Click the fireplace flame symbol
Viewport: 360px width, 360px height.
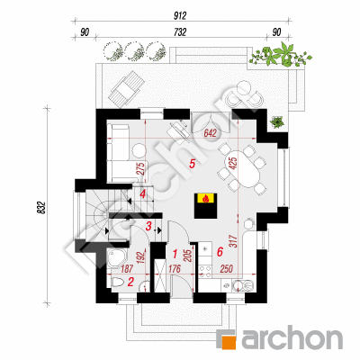point(206,198)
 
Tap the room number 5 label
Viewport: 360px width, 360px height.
point(192,164)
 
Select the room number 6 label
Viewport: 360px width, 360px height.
point(220,252)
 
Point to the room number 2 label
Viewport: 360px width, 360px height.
point(130,282)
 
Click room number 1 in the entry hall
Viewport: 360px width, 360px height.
point(175,255)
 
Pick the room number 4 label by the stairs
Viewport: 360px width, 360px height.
point(142,194)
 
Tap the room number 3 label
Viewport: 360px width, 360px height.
point(148,227)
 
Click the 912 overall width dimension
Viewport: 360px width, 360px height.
point(180,15)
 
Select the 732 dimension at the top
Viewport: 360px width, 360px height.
point(180,32)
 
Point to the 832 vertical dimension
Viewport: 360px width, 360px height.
point(41,207)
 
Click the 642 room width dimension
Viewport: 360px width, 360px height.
point(210,133)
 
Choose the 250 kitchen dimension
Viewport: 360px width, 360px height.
point(226,269)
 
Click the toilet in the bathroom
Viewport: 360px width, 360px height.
point(119,283)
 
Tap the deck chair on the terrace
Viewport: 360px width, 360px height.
point(127,87)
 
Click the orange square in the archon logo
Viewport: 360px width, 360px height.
point(229,342)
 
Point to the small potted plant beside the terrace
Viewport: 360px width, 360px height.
point(277,121)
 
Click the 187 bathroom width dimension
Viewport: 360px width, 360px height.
point(125,269)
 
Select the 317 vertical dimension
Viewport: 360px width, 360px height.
point(235,242)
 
